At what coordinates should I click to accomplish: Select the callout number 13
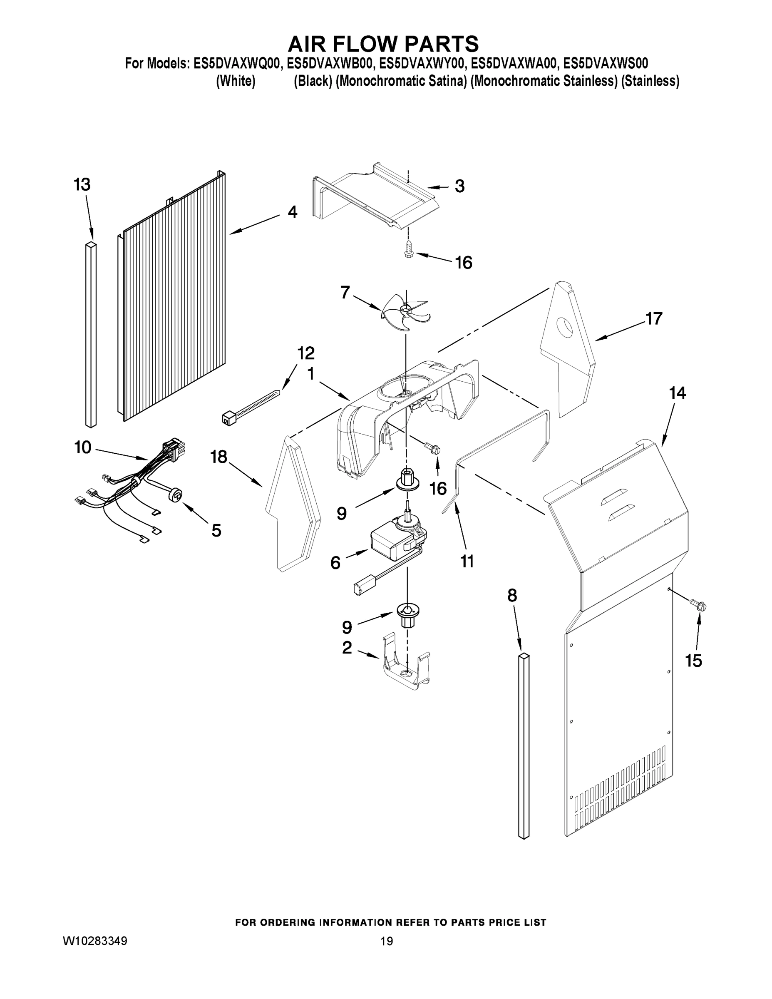click(x=82, y=185)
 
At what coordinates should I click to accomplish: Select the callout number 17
click(x=653, y=318)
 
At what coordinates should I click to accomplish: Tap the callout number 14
click(x=678, y=393)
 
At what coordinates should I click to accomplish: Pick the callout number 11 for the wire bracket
click(x=467, y=561)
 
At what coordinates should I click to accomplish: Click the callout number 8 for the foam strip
click(x=512, y=595)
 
